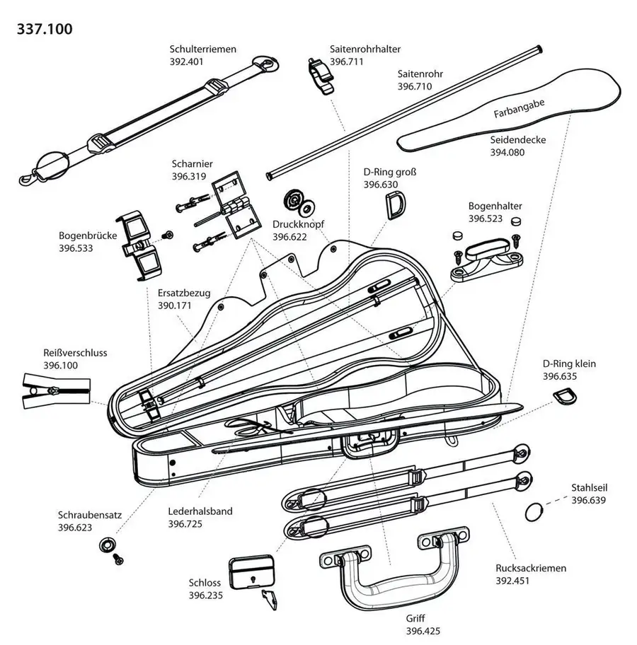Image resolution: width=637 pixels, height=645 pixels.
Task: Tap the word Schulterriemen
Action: coord(202,50)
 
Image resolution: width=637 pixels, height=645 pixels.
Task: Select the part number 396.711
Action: coord(346,62)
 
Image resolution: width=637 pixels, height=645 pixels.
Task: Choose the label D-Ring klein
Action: coord(569,364)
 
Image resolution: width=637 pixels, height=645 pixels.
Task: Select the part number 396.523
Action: coord(485,219)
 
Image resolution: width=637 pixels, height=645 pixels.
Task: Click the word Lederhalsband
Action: coord(200,511)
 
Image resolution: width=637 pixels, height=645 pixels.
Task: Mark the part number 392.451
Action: coord(513,580)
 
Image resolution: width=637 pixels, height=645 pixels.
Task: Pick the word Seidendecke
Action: coord(517,139)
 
